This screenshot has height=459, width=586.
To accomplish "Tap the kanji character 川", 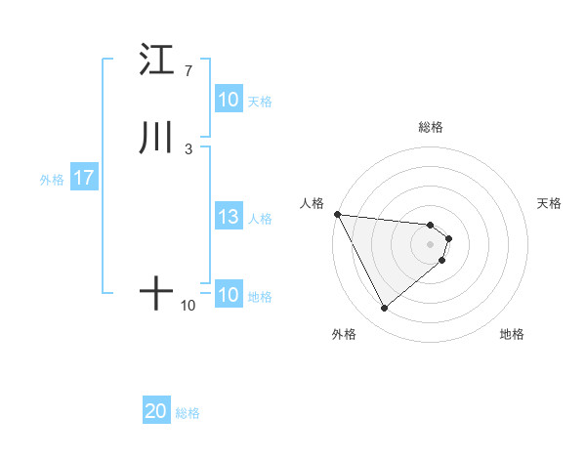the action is click(x=155, y=138).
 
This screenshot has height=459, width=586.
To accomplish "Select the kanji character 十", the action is click(x=155, y=294).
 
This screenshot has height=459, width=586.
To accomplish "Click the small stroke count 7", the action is click(x=188, y=71).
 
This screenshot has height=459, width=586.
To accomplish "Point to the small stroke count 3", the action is click(x=188, y=148).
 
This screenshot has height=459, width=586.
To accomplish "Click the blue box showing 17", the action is click(x=83, y=179).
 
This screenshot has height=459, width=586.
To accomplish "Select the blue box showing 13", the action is click(x=228, y=218).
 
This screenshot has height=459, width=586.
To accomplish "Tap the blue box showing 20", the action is click(x=156, y=412).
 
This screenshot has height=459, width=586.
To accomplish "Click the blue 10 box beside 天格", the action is click(x=228, y=100).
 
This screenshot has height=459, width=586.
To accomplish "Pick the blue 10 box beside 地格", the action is click(x=228, y=296).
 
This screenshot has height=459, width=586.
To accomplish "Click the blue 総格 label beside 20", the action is click(x=188, y=414).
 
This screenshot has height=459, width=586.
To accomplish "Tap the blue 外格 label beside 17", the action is click(x=52, y=180).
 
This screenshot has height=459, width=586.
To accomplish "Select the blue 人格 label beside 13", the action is click(x=261, y=219).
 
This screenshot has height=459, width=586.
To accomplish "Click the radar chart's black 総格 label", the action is click(x=431, y=127).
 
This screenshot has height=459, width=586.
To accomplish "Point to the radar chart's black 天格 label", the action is click(x=550, y=203).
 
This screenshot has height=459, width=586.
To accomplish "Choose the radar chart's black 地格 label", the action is click(x=512, y=335).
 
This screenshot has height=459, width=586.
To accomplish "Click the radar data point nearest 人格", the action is click(x=336, y=214).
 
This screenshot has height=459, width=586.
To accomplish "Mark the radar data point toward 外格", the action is click(x=384, y=309).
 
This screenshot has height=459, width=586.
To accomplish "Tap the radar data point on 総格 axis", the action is click(x=431, y=225).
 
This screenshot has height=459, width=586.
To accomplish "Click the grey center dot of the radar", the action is click(x=431, y=243).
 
